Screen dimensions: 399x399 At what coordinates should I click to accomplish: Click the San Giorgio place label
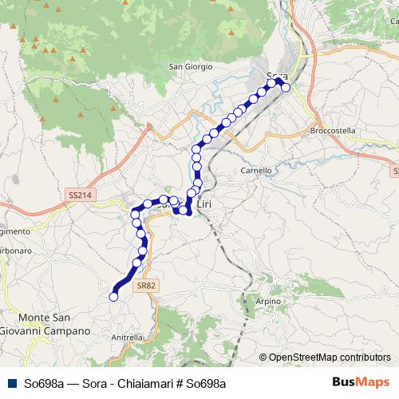click(191, 66)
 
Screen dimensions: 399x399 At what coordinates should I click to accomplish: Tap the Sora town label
click(277, 75)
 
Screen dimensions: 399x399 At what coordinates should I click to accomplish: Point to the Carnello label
click(256, 170)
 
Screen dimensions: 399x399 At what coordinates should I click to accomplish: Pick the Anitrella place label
click(127, 337)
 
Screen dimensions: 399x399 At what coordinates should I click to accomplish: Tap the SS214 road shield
click(78, 195)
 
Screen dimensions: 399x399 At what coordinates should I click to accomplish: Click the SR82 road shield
click(144, 284)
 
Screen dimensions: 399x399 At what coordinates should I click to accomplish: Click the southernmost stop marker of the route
click(113, 297)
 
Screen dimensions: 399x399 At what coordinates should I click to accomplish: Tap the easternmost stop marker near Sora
click(286, 88)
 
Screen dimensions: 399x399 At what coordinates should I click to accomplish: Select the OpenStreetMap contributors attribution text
click(329, 358)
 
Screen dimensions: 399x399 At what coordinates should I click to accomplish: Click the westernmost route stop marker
click(113, 297)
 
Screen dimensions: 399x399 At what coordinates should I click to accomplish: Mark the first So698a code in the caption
click(45, 383)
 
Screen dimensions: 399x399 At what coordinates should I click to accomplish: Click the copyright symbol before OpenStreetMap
click(263, 358)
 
